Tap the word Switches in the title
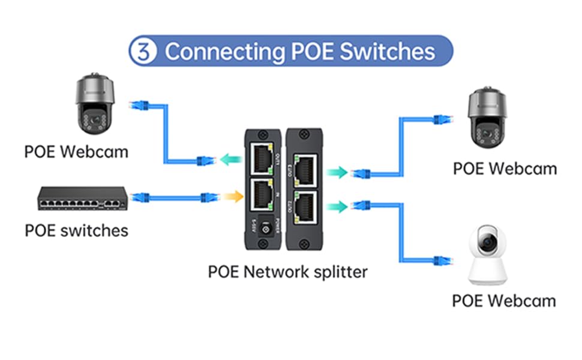(x=388, y=52)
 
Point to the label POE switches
(x=76, y=230)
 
